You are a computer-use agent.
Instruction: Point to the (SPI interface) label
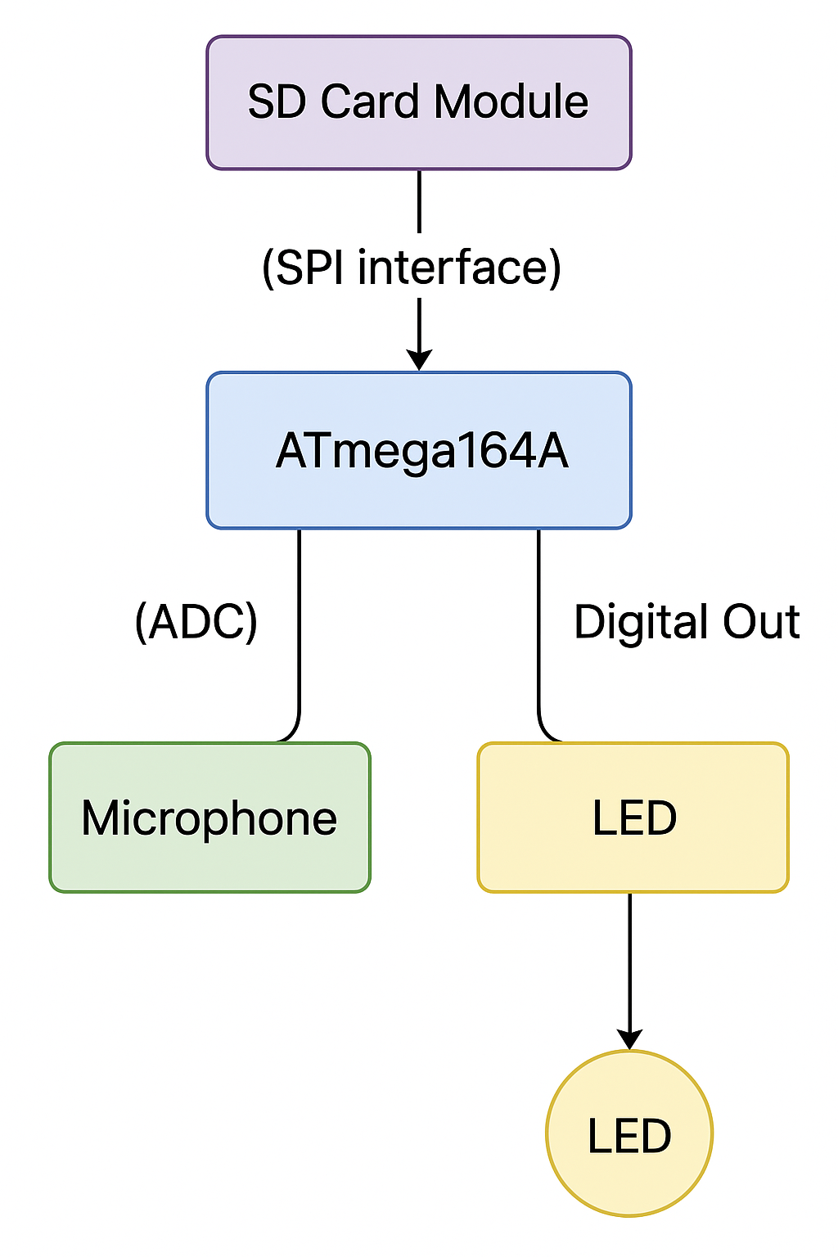[412, 268]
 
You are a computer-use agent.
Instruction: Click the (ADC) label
[196, 622]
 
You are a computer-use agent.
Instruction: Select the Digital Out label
[686, 622]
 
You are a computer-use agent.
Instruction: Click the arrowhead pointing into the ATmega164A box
[419, 360]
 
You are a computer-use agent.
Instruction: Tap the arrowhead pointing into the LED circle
[629, 1039]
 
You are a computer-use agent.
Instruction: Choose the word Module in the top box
[511, 102]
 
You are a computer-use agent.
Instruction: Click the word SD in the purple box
[277, 102]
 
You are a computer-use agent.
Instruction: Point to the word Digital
[629, 622]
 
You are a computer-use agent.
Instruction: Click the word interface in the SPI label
[459, 268]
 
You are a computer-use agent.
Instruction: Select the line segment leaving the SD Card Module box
[419, 200]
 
